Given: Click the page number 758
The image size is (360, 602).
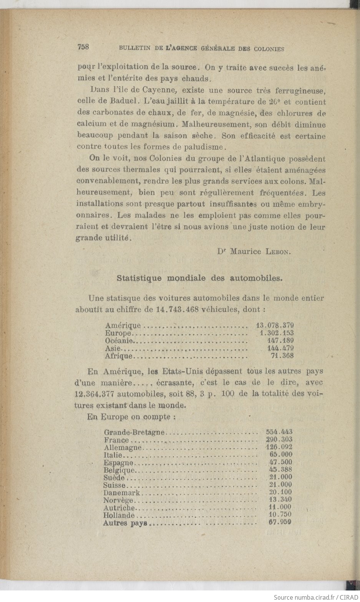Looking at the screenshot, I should (83, 47).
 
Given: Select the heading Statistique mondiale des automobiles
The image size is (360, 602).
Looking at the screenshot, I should (200, 278).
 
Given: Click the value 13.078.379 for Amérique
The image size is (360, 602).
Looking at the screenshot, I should (275, 326).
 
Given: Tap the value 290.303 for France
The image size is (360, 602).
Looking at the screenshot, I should (279, 439).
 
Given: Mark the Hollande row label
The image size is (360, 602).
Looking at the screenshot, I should (119, 515).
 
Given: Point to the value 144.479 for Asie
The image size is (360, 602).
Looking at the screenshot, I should (280, 348).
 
